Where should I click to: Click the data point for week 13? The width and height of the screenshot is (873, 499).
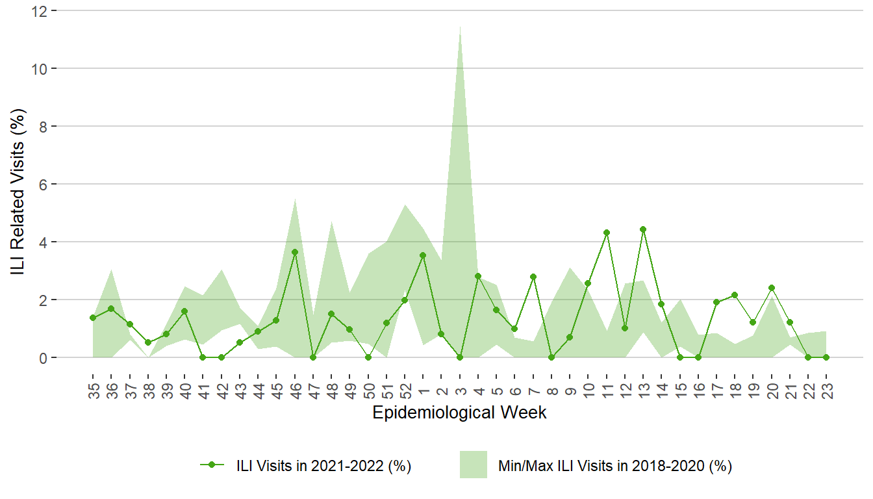point(643,229)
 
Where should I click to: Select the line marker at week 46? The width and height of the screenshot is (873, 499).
point(295,252)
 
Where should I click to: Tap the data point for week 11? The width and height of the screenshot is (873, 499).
point(607,233)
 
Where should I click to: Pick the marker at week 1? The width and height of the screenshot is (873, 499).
point(423,255)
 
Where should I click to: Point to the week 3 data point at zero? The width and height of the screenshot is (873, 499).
point(460,357)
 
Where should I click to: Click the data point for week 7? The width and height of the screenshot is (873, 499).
point(533,277)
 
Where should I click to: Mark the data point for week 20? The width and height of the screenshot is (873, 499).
point(771,288)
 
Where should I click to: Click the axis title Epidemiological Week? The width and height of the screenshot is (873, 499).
point(459,413)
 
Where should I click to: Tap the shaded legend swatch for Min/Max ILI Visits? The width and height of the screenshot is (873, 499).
point(474,465)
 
